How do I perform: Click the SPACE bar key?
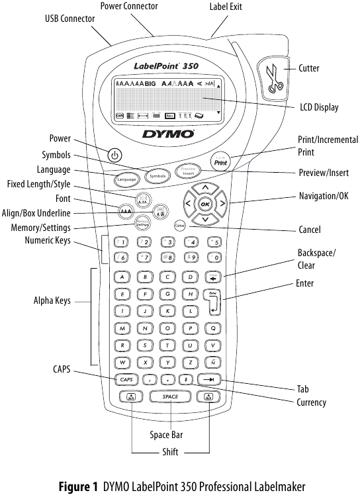pos(171,397)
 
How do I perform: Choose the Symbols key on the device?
pos(157,177)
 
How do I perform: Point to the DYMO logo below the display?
pos(168,134)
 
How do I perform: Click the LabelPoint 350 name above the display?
pos(166,66)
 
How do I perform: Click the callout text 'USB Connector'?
pos(69,19)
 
